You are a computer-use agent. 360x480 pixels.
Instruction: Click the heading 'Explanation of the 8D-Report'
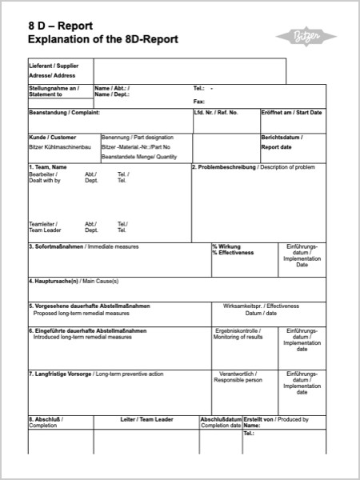(x=102, y=39)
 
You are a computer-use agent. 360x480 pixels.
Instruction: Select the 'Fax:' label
(x=199, y=102)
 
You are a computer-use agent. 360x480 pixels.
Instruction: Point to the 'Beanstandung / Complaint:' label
(x=64, y=113)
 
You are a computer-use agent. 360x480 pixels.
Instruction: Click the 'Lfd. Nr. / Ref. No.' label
(x=216, y=113)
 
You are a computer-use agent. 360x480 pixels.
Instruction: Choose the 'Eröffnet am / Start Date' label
(x=292, y=113)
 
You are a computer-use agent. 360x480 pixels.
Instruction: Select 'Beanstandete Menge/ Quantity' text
(x=139, y=157)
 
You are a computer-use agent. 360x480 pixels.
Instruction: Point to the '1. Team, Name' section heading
(x=48, y=167)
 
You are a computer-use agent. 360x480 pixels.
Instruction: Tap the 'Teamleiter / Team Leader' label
(x=46, y=227)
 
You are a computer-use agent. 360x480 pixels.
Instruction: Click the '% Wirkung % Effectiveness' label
(x=233, y=250)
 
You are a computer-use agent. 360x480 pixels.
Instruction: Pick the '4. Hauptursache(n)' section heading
(x=54, y=282)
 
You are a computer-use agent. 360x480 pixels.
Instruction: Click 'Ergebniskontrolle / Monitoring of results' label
(x=238, y=334)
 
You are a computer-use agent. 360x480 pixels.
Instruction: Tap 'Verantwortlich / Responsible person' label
(x=238, y=377)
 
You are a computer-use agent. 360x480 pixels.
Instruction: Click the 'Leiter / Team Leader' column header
(x=146, y=419)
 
